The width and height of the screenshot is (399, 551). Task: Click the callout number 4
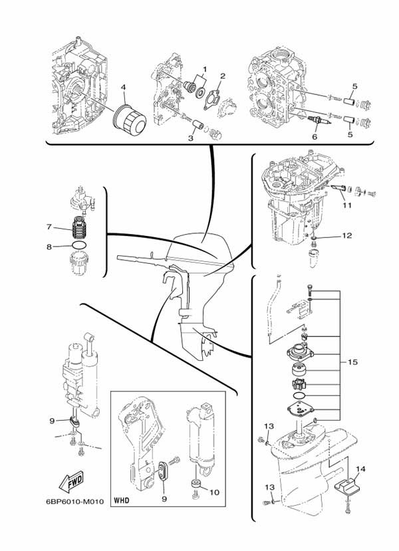(123, 86)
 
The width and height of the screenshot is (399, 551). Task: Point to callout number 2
(223, 76)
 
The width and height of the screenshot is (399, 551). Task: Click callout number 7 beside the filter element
(49, 227)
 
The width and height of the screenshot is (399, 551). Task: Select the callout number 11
(345, 207)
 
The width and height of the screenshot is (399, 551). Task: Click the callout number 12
(346, 235)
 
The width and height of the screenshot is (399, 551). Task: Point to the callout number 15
(352, 362)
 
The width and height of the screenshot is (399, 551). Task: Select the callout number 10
(214, 493)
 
